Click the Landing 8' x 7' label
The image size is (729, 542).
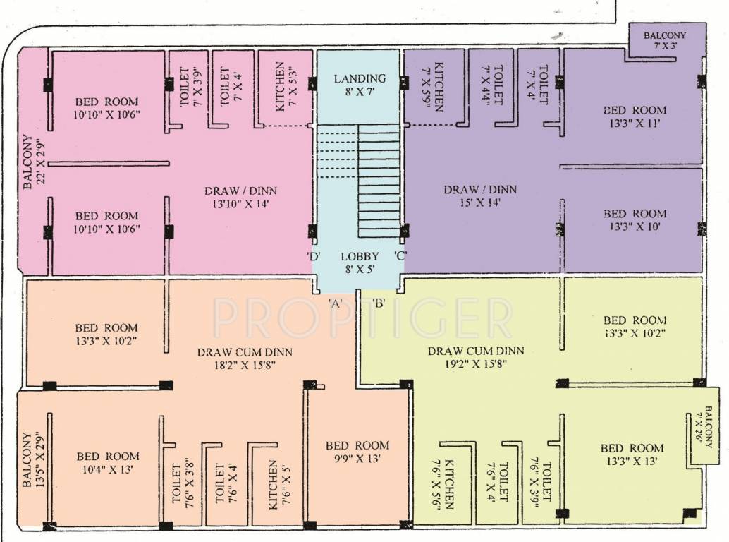click(x=360, y=85)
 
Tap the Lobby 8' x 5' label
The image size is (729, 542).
click(x=360, y=263)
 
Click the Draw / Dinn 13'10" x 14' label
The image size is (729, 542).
click(x=241, y=197)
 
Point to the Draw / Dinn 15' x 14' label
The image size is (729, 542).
click(x=480, y=196)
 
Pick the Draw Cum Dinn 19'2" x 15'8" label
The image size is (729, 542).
click(x=475, y=358)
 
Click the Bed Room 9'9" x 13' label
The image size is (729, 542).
click(x=357, y=452)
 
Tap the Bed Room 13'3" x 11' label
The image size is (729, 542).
click(x=635, y=116)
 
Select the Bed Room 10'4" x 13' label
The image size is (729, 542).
click(x=108, y=462)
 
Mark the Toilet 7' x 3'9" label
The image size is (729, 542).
click(x=190, y=86)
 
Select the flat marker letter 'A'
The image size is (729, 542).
click(x=336, y=303)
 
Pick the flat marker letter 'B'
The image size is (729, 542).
click(x=379, y=303)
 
